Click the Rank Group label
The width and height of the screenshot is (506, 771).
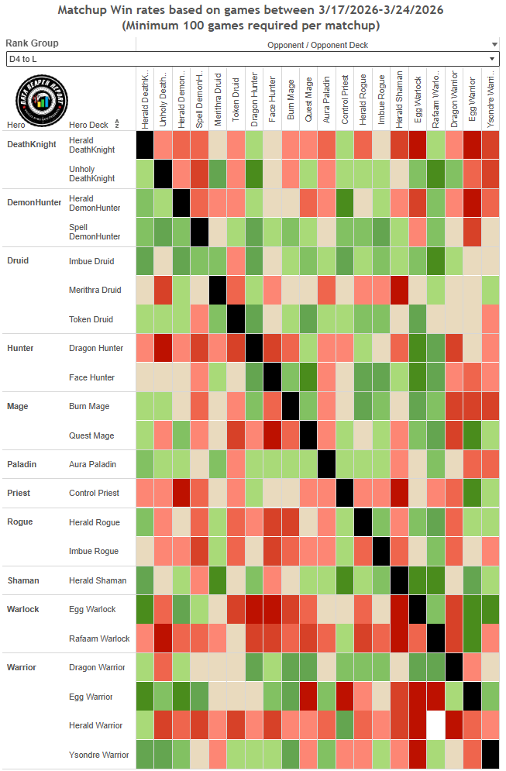[x=32, y=43]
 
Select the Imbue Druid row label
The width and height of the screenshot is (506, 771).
[x=91, y=261]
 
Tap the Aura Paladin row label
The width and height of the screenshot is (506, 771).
[x=92, y=464]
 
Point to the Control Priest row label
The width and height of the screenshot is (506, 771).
[x=93, y=494]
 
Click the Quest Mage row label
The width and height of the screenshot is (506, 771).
[x=91, y=435]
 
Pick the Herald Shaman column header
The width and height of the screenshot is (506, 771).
[x=398, y=98]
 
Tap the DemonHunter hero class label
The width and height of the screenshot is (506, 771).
[x=34, y=202]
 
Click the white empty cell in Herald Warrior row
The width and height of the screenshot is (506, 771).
[x=436, y=726]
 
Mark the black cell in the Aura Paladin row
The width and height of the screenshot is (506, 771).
[x=325, y=464]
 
